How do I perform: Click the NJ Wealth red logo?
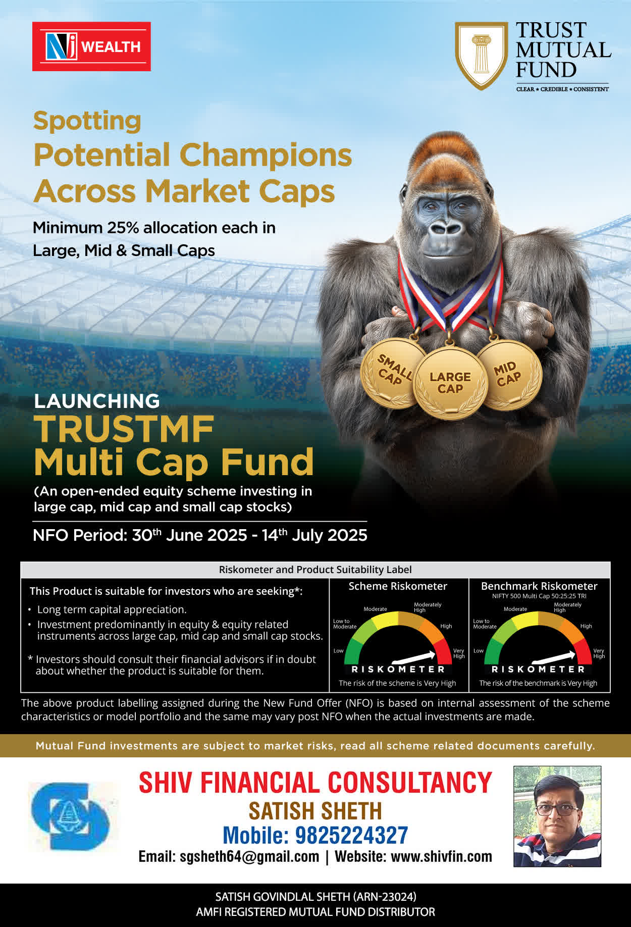pos(91,46)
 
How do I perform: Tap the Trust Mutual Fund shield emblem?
pos(482,55)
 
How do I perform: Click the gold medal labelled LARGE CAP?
pos(450,383)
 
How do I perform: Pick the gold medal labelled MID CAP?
pos(509,374)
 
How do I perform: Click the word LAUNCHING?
pos(97,401)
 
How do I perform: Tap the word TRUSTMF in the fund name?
pos(124,429)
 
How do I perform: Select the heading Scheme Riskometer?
pos(398,586)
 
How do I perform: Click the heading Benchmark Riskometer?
pos(539,586)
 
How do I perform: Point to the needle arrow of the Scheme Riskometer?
pos(413,657)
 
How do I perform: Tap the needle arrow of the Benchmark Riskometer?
pos(554,657)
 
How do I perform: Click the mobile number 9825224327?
pos(351,835)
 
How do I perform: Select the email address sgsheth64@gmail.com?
pos(249,856)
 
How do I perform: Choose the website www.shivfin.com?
pos(441,856)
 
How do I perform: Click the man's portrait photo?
pos(557,816)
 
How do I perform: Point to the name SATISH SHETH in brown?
pos(315,811)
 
